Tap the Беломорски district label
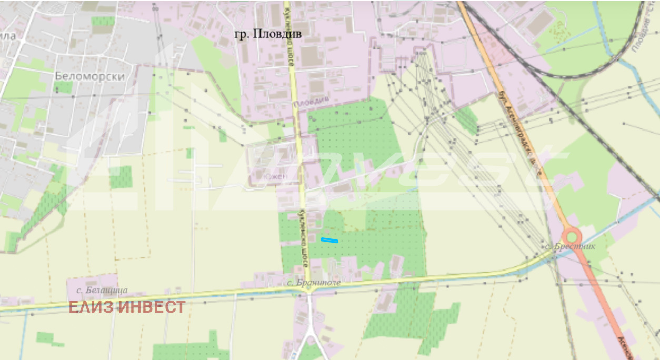(x=89, y=76)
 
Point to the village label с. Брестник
(x=570, y=246)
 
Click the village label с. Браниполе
(x=314, y=283)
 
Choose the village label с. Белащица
(x=102, y=290)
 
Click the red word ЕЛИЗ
(x=91, y=307)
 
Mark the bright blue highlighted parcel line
(x=329, y=240)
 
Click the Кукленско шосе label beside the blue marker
(x=304, y=238)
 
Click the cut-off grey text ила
(x=8, y=36)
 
